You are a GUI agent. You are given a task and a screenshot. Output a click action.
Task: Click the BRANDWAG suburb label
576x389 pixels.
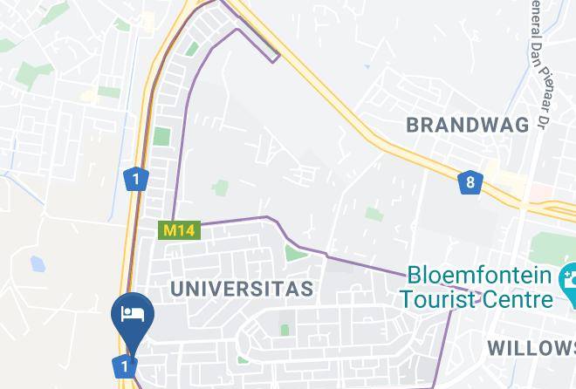[x=468, y=125]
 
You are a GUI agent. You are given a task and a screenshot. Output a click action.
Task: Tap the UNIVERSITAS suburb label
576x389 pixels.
[x=242, y=289]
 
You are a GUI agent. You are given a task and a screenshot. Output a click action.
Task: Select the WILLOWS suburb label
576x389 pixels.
[x=531, y=348]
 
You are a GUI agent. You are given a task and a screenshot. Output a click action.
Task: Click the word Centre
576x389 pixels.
[x=521, y=299]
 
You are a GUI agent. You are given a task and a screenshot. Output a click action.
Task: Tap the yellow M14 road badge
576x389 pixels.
[x=180, y=230]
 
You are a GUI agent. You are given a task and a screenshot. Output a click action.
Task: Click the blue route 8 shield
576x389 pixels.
[x=470, y=182]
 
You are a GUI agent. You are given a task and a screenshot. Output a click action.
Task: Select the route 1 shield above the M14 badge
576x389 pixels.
[x=135, y=180]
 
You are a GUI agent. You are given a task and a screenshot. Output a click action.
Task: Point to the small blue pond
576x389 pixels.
[x=38, y=263]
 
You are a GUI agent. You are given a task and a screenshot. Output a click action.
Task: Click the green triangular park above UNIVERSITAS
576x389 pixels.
[x=291, y=253]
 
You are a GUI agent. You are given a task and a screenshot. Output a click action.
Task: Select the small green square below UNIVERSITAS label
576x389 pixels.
[x=284, y=330]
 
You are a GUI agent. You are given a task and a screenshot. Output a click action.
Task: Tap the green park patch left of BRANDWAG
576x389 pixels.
[x=374, y=214]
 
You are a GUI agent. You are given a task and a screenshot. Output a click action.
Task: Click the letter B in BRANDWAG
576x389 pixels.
[x=414, y=125]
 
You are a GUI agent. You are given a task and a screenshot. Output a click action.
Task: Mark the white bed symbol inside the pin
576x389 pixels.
[x=133, y=314]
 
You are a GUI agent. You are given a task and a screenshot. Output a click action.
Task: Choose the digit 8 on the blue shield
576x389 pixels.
[x=470, y=182]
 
